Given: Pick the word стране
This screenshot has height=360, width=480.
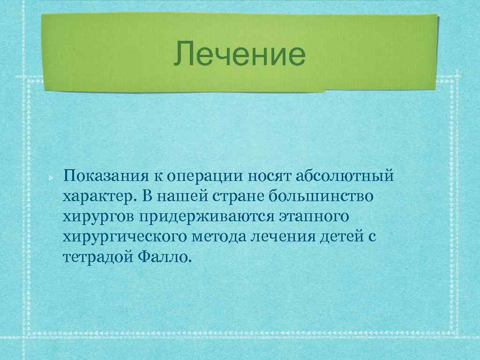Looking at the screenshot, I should click(240, 197).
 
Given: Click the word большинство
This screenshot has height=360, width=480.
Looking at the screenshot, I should click(322, 197).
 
